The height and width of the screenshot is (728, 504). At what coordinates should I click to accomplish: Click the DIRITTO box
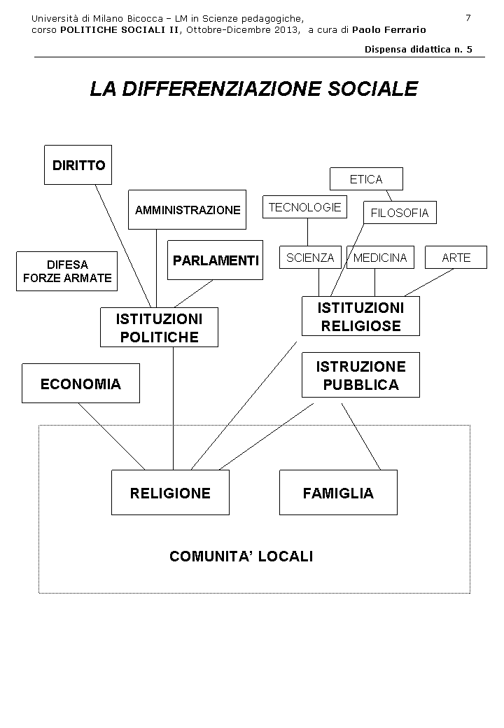(78, 165)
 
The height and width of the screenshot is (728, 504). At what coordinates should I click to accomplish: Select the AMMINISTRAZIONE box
(187, 209)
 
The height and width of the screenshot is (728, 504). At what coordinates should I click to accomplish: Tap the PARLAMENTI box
(215, 260)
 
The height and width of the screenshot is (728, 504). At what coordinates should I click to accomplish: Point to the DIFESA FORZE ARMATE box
(66, 271)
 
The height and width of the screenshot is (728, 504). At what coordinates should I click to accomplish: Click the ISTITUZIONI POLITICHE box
(159, 328)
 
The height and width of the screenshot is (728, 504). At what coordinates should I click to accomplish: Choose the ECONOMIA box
(80, 384)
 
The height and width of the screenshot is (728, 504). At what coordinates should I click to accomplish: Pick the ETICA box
(366, 179)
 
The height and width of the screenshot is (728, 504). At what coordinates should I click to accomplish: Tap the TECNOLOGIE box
(304, 207)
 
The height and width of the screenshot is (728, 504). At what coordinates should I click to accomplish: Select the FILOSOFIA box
(399, 213)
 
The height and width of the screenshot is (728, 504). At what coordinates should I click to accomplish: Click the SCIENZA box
(310, 258)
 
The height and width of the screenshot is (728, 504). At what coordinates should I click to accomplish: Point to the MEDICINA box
(380, 258)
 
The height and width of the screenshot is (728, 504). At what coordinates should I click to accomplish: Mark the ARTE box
(456, 258)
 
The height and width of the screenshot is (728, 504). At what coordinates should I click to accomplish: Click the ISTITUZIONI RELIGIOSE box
(360, 316)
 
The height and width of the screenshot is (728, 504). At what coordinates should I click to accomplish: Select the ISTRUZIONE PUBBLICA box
(360, 375)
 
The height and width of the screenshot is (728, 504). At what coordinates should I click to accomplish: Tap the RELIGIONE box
(170, 493)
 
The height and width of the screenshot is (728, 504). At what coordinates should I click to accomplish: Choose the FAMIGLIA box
(338, 493)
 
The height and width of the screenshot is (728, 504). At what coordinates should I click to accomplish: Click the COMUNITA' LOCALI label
(241, 556)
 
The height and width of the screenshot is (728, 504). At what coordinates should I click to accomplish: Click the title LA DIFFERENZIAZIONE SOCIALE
(253, 89)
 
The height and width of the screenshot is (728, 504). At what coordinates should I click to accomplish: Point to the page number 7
(468, 17)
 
